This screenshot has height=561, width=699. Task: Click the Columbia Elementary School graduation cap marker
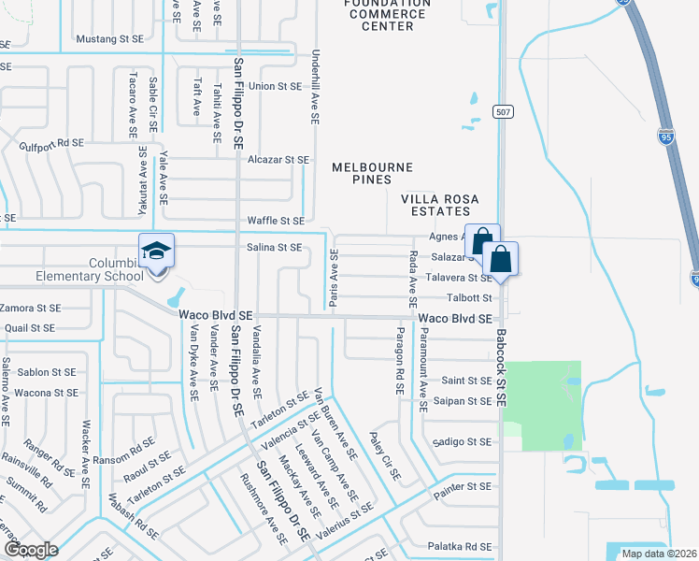click(x=156, y=251)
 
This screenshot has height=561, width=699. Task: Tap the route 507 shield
click(x=504, y=112)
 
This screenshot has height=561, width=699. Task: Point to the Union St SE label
click(x=275, y=86)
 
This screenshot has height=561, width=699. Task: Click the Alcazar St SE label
click(x=278, y=160)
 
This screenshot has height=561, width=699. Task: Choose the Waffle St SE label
click(x=276, y=221)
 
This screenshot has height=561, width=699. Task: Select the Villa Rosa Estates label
click(x=439, y=206)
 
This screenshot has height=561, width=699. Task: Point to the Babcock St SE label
click(x=501, y=367)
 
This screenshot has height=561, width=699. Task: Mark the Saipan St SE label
click(x=463, y=401)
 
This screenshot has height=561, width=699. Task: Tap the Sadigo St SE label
click(x=462, y=441)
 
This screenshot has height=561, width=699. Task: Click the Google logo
click(x=31, y=550)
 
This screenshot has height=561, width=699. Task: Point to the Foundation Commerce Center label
click(x=387, y=15)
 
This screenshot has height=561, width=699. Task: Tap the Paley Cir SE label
click(x=385, y=457)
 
